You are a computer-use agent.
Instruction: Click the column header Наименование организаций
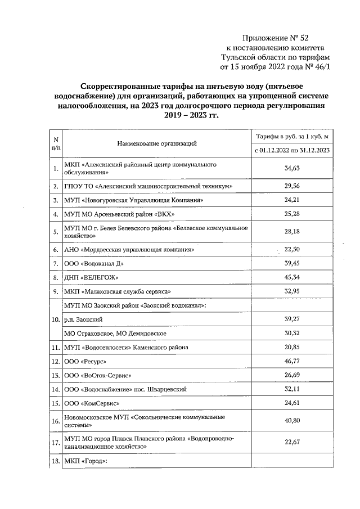tap(157, 144)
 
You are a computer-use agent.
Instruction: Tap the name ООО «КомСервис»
tap(93, 403)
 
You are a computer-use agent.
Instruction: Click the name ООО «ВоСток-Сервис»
tap(100, 375)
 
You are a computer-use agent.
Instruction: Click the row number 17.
tap(55, 443)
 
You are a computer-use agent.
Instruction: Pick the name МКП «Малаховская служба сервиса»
tap(117, 291)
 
